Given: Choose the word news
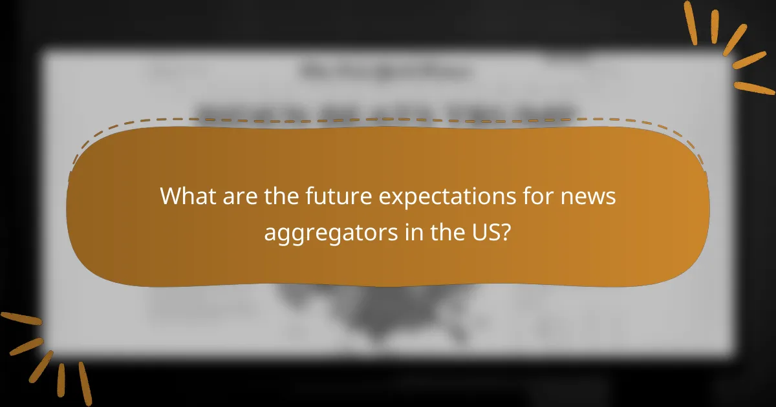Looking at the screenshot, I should point(593,195).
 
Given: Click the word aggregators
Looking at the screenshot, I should point(327,233).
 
